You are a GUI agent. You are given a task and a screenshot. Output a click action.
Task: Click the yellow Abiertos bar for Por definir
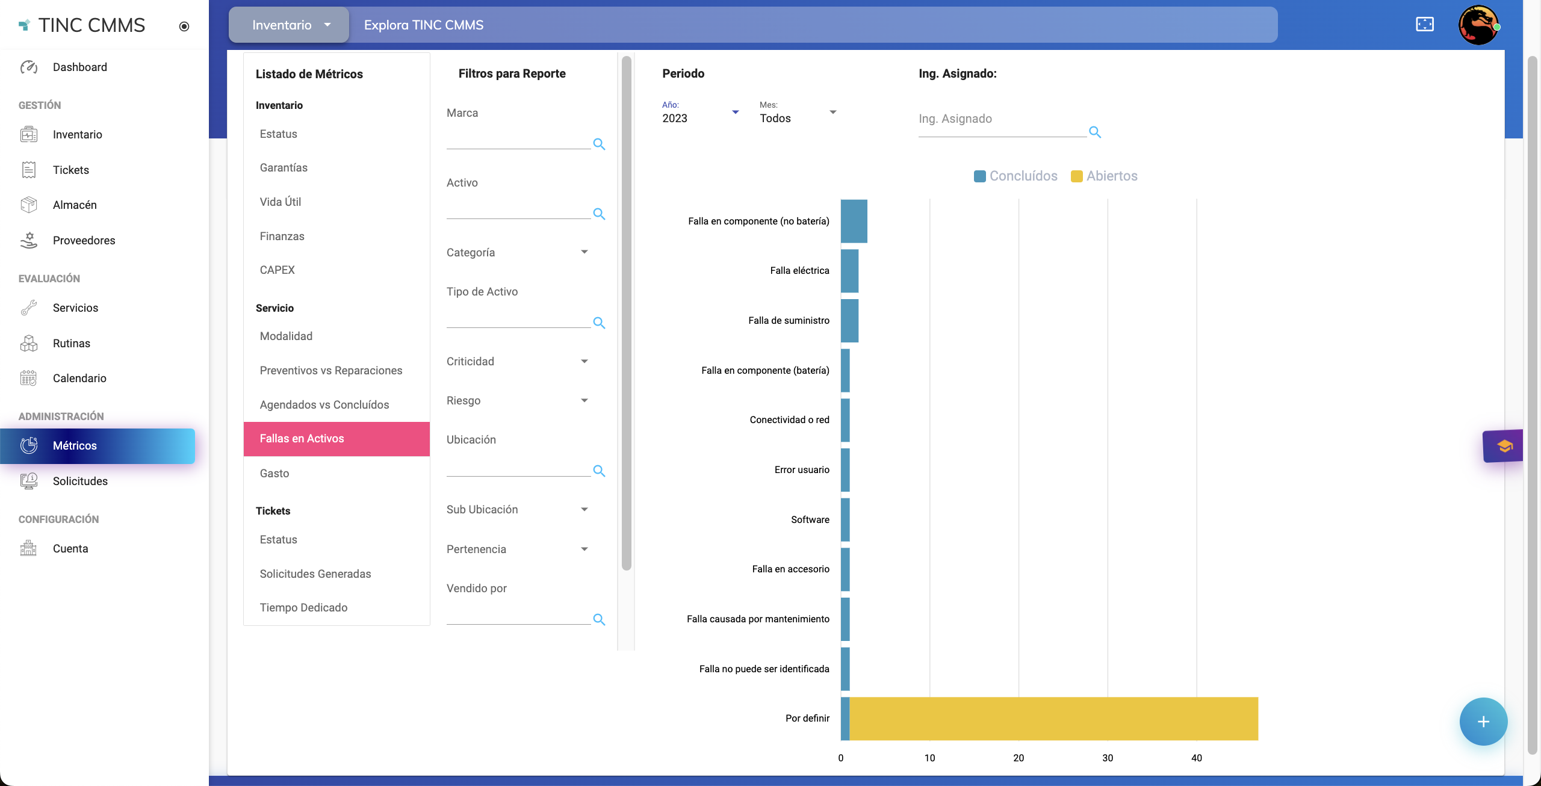pos(1053,719)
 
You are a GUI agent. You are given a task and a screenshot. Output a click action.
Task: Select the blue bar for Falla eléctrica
pos(849,271)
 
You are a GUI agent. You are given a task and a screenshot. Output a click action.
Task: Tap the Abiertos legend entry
pos(1105,176)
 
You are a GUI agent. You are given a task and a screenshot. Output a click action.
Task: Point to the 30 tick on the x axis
pos(1108,758)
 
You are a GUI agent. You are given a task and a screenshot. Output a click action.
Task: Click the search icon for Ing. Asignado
pos(1095,132)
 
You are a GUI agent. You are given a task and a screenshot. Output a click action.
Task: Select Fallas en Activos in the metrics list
pos(336,439)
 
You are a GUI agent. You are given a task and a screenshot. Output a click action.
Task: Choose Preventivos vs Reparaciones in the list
pos(331,370)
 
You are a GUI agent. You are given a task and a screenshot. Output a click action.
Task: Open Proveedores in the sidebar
pos(84,241)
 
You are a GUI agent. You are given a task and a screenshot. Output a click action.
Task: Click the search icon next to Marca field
pos(599,144)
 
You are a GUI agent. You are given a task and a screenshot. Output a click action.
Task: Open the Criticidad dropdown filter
pos(517,361)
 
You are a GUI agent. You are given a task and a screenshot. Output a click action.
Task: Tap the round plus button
pos(1483,722)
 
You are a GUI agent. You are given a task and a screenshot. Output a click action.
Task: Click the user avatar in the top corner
pos(1478,25)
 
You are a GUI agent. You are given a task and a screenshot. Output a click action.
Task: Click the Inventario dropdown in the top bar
pos(290,25)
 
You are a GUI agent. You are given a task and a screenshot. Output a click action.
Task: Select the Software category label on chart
pos(810,519)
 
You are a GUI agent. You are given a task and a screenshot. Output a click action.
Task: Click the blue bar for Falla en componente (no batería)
pos(854,221)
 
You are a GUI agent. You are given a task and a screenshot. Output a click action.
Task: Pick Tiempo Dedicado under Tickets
pos(303,607)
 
